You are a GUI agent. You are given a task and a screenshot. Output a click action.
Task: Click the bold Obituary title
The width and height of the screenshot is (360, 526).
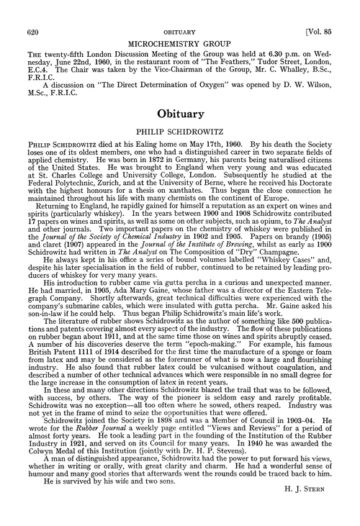180,114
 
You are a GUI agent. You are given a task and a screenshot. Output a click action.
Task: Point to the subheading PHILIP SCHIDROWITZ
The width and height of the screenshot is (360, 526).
181,135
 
